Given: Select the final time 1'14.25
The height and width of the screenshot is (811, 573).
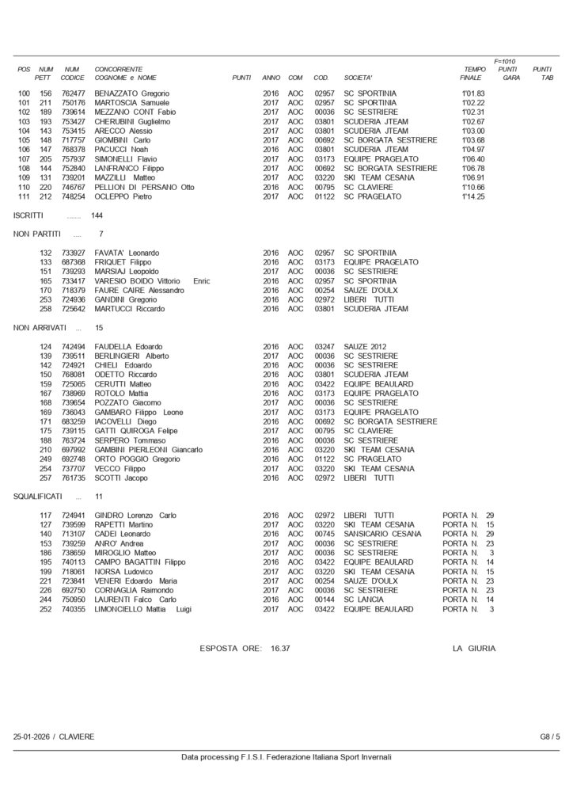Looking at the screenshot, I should (x=472, y=196).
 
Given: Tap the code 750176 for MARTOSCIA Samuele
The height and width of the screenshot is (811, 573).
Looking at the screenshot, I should (x=72, y=102).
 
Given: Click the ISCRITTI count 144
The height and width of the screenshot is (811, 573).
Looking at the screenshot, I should (x=97, y=215).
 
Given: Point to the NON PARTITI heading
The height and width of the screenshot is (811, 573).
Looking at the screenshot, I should (x=37, y=234).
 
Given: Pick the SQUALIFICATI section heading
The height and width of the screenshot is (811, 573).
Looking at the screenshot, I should (x=40, y=496).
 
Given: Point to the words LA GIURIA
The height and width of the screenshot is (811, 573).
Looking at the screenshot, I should (x=474, y=648).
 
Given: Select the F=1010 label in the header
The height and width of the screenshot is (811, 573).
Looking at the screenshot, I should (x=503, y=60).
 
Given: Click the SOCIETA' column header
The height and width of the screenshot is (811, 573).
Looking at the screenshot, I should (x=359, y=78).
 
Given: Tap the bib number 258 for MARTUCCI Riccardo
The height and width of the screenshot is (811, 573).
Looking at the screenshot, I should (x=46, y=309).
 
